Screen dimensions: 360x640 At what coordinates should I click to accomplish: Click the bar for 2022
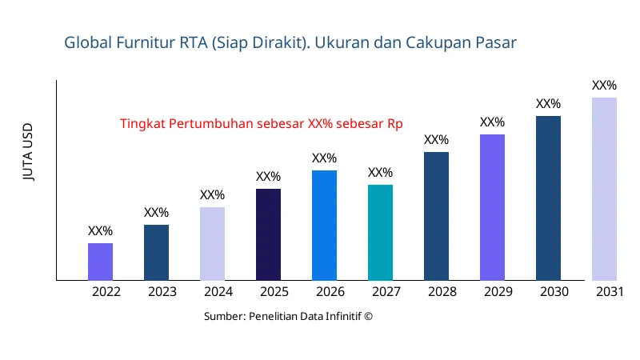(x=100, y=262)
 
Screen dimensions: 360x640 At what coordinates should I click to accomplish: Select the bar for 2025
(x=268, y=234)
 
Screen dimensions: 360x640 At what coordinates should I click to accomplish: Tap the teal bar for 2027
(x=380, y=233)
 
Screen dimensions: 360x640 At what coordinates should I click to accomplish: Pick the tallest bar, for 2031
(x=604, y=189)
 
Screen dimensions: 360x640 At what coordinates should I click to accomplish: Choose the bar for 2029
(x=492, y=207)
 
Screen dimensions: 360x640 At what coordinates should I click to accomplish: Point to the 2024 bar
(x=212, y=244)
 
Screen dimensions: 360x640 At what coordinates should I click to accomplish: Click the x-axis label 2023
(x=162, y=292)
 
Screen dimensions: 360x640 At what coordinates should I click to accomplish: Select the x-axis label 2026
(x=330, y=292)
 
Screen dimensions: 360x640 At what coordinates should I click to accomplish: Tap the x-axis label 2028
(x=442, y=292)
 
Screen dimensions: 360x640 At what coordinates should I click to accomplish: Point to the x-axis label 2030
(x=554, y=292)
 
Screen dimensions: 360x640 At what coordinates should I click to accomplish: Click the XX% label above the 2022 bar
(x=100, y=231)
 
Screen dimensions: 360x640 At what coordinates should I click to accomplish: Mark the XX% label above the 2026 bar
(x=324, y=158)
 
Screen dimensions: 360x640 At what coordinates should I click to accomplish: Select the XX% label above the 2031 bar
(x=604, y=86)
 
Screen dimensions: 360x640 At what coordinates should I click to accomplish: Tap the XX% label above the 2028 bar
(x=436, y=140)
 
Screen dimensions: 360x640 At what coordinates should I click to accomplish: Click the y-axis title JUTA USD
(x=28, y=153)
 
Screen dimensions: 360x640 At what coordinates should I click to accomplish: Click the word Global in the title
(x=86, y=42)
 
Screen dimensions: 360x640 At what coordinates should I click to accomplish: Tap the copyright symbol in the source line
(x=369, y=317)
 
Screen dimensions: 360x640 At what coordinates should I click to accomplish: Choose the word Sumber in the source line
(x=224, y=317)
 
